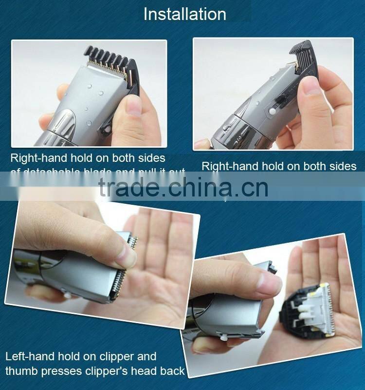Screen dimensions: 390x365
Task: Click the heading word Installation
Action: tap(184, 14)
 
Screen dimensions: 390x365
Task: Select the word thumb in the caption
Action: tap(21, 371)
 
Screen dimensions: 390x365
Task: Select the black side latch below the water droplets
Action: tap(106, 130)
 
